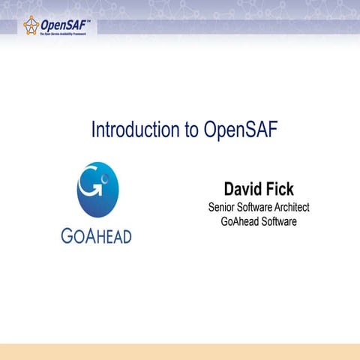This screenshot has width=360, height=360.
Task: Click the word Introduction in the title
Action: (x=133, y=129)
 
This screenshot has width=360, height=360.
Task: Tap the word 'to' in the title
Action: (x=190, y=129)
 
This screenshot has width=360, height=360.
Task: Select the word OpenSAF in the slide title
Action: (x=241, y=129)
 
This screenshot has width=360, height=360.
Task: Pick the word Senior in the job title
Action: (x=222, y=207)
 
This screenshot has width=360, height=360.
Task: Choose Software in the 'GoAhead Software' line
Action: (x=277, y=221)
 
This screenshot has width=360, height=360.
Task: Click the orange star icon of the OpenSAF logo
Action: (x=31, y=25)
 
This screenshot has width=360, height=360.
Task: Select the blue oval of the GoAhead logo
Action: (x=97, y=190)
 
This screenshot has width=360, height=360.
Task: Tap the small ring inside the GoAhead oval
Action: (x=106, y=179)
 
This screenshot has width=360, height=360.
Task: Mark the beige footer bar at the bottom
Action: (x=180, y=352)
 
